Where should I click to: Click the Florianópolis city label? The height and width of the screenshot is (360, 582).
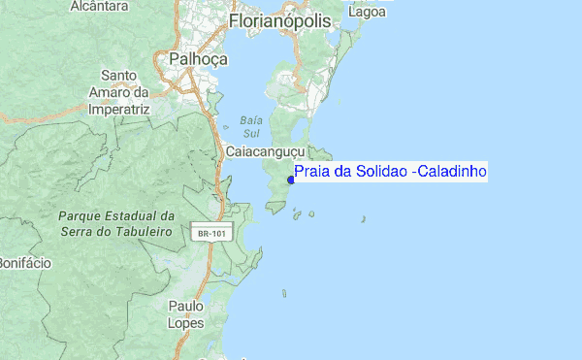[x=279, y=20]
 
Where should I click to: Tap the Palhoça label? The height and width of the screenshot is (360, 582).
[x=198, y=58]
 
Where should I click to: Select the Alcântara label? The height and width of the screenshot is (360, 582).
[x=99, y=6]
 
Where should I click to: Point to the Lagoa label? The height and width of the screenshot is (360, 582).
[x=370, y=12]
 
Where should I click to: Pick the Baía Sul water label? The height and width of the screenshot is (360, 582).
[x=250, y=126]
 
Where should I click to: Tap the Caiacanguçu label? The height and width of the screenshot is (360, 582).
[x=265, y=152]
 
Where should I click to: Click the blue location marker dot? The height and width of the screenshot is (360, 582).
[x=291, y=179]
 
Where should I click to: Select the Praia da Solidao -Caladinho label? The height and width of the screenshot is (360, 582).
[x=390, y=172]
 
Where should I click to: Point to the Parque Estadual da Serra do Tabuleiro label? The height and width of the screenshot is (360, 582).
[x=114, y=224]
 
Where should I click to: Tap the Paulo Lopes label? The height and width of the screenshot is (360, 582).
[x=185, y=313]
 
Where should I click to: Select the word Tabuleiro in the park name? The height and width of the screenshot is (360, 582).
[x=142, y=233]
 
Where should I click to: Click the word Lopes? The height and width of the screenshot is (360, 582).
[x=185, y=322]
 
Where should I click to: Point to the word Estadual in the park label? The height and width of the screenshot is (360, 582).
[x=133, y=215]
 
